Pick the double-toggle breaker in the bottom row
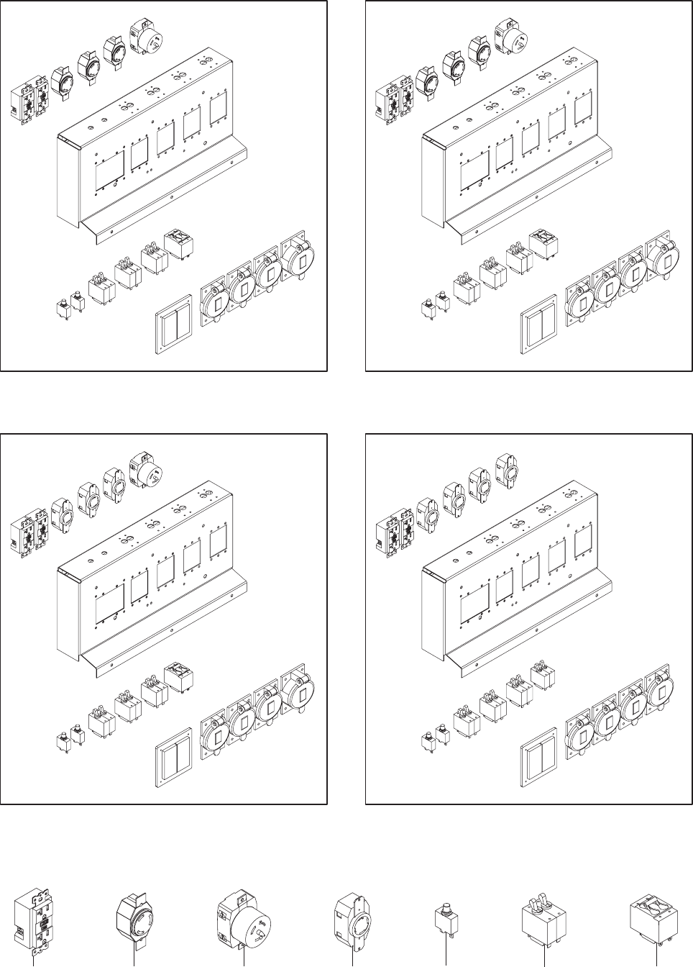pyautogui.click(x=543, y=918)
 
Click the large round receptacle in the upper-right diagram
pyautogui.click(x=511, y=35)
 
